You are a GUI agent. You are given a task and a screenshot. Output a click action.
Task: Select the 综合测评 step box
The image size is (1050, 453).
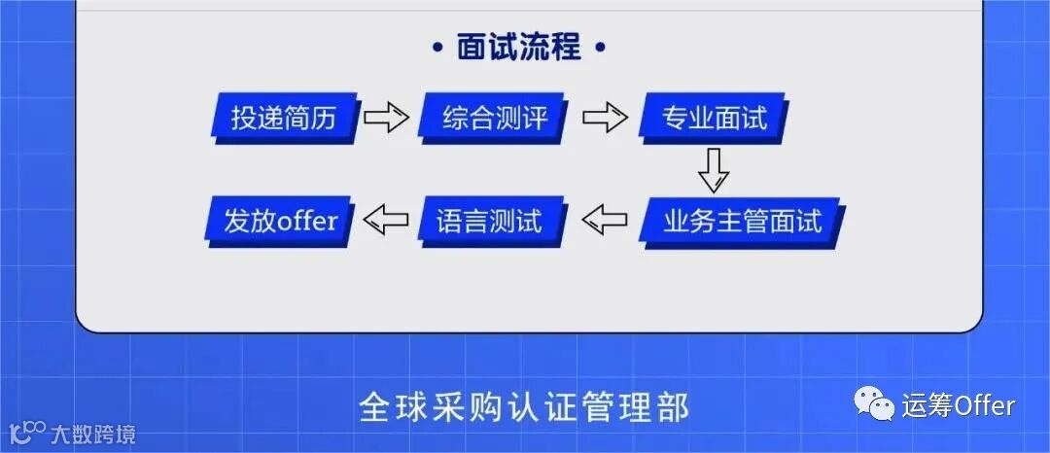click(495, 119)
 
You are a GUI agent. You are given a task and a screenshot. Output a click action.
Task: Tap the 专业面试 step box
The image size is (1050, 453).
click(714, 119)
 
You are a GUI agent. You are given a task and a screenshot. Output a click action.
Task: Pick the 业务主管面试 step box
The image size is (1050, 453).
click(741, 221)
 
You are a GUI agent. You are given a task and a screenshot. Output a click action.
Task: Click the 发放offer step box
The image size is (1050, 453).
click(280, 221)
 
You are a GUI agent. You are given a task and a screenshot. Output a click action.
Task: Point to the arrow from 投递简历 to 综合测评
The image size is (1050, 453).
click(386, 119)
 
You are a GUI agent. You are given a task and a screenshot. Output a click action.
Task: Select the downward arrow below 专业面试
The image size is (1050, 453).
click(713, 169)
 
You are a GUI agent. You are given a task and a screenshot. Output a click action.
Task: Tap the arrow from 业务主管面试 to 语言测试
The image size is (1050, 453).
click(605, 221)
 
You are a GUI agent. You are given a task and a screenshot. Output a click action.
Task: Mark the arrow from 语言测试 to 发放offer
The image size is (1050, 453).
click(386, 221)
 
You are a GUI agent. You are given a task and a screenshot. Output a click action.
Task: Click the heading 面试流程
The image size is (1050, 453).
click(518, 47)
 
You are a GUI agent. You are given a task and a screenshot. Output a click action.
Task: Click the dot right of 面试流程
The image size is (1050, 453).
click(599, 47)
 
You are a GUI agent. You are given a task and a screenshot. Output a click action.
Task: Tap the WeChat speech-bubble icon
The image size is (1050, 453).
click(874, 403)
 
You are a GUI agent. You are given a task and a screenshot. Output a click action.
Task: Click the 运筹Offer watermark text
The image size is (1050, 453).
click(958, 404)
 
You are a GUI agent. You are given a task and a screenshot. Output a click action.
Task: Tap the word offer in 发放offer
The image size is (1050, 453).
click(307, 222)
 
